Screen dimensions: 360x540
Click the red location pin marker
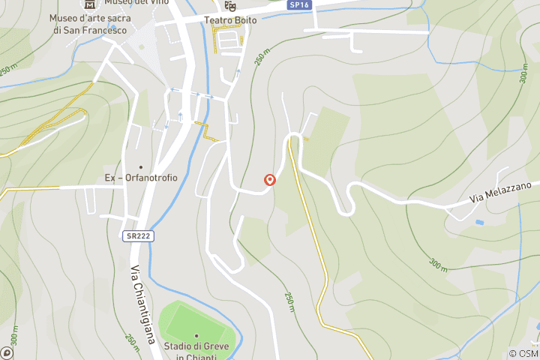270,180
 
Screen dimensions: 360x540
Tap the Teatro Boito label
230,20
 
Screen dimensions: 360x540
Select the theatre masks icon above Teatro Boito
230,6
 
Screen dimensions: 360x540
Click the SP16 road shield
299,4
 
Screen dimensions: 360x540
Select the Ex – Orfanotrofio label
141,178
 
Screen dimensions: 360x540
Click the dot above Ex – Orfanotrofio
140,166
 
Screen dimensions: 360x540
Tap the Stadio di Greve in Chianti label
196,352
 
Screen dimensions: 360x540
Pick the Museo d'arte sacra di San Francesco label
88,24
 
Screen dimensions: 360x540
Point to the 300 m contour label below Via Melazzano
438,263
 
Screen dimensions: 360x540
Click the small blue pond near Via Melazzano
479,222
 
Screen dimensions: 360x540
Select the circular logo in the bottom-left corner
7,352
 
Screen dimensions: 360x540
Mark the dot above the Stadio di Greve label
196,335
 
